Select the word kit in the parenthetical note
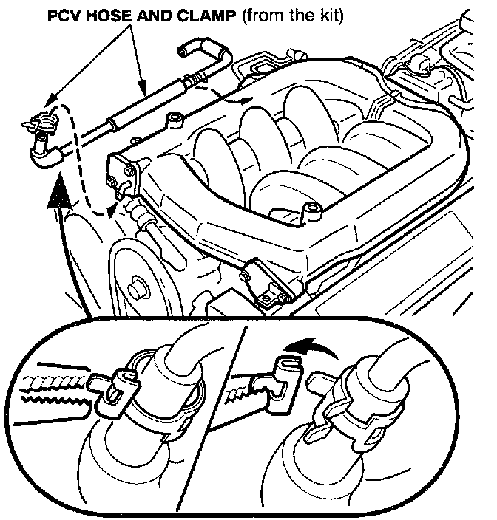(328, 16)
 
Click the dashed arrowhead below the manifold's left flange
(113, 212)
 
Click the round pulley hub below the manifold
(138, 284)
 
